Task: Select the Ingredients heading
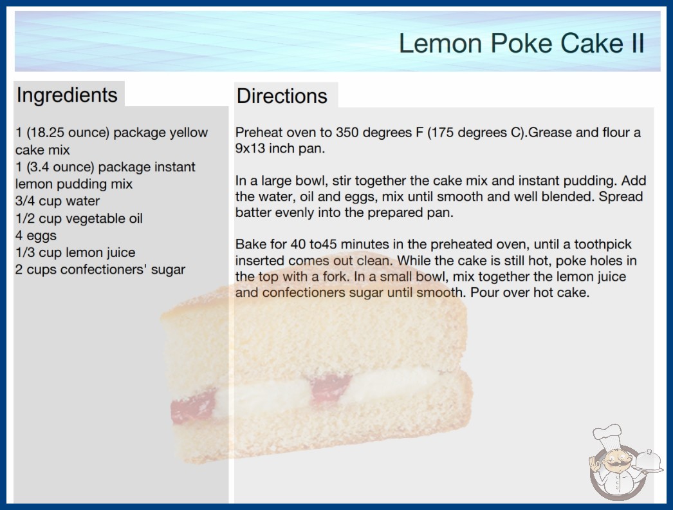67,95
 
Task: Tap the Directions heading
282,96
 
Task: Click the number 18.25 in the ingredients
48,133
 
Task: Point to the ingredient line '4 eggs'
36,236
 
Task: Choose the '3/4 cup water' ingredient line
57,201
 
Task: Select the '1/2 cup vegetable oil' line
79,218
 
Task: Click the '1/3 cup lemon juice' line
75,252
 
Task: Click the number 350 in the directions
347,133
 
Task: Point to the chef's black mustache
616,465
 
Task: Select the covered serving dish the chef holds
649,462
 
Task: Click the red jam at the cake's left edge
193,406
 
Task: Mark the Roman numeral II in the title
637,43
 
